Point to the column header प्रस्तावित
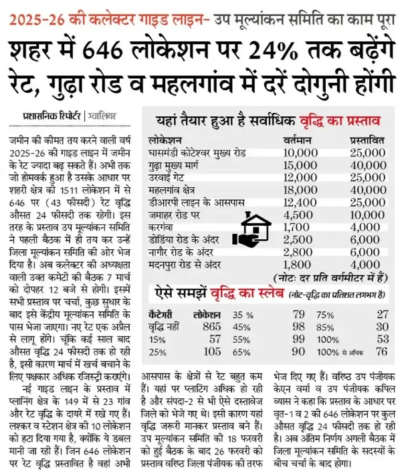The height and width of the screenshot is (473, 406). pyautogui.click(x=369, y=143)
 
